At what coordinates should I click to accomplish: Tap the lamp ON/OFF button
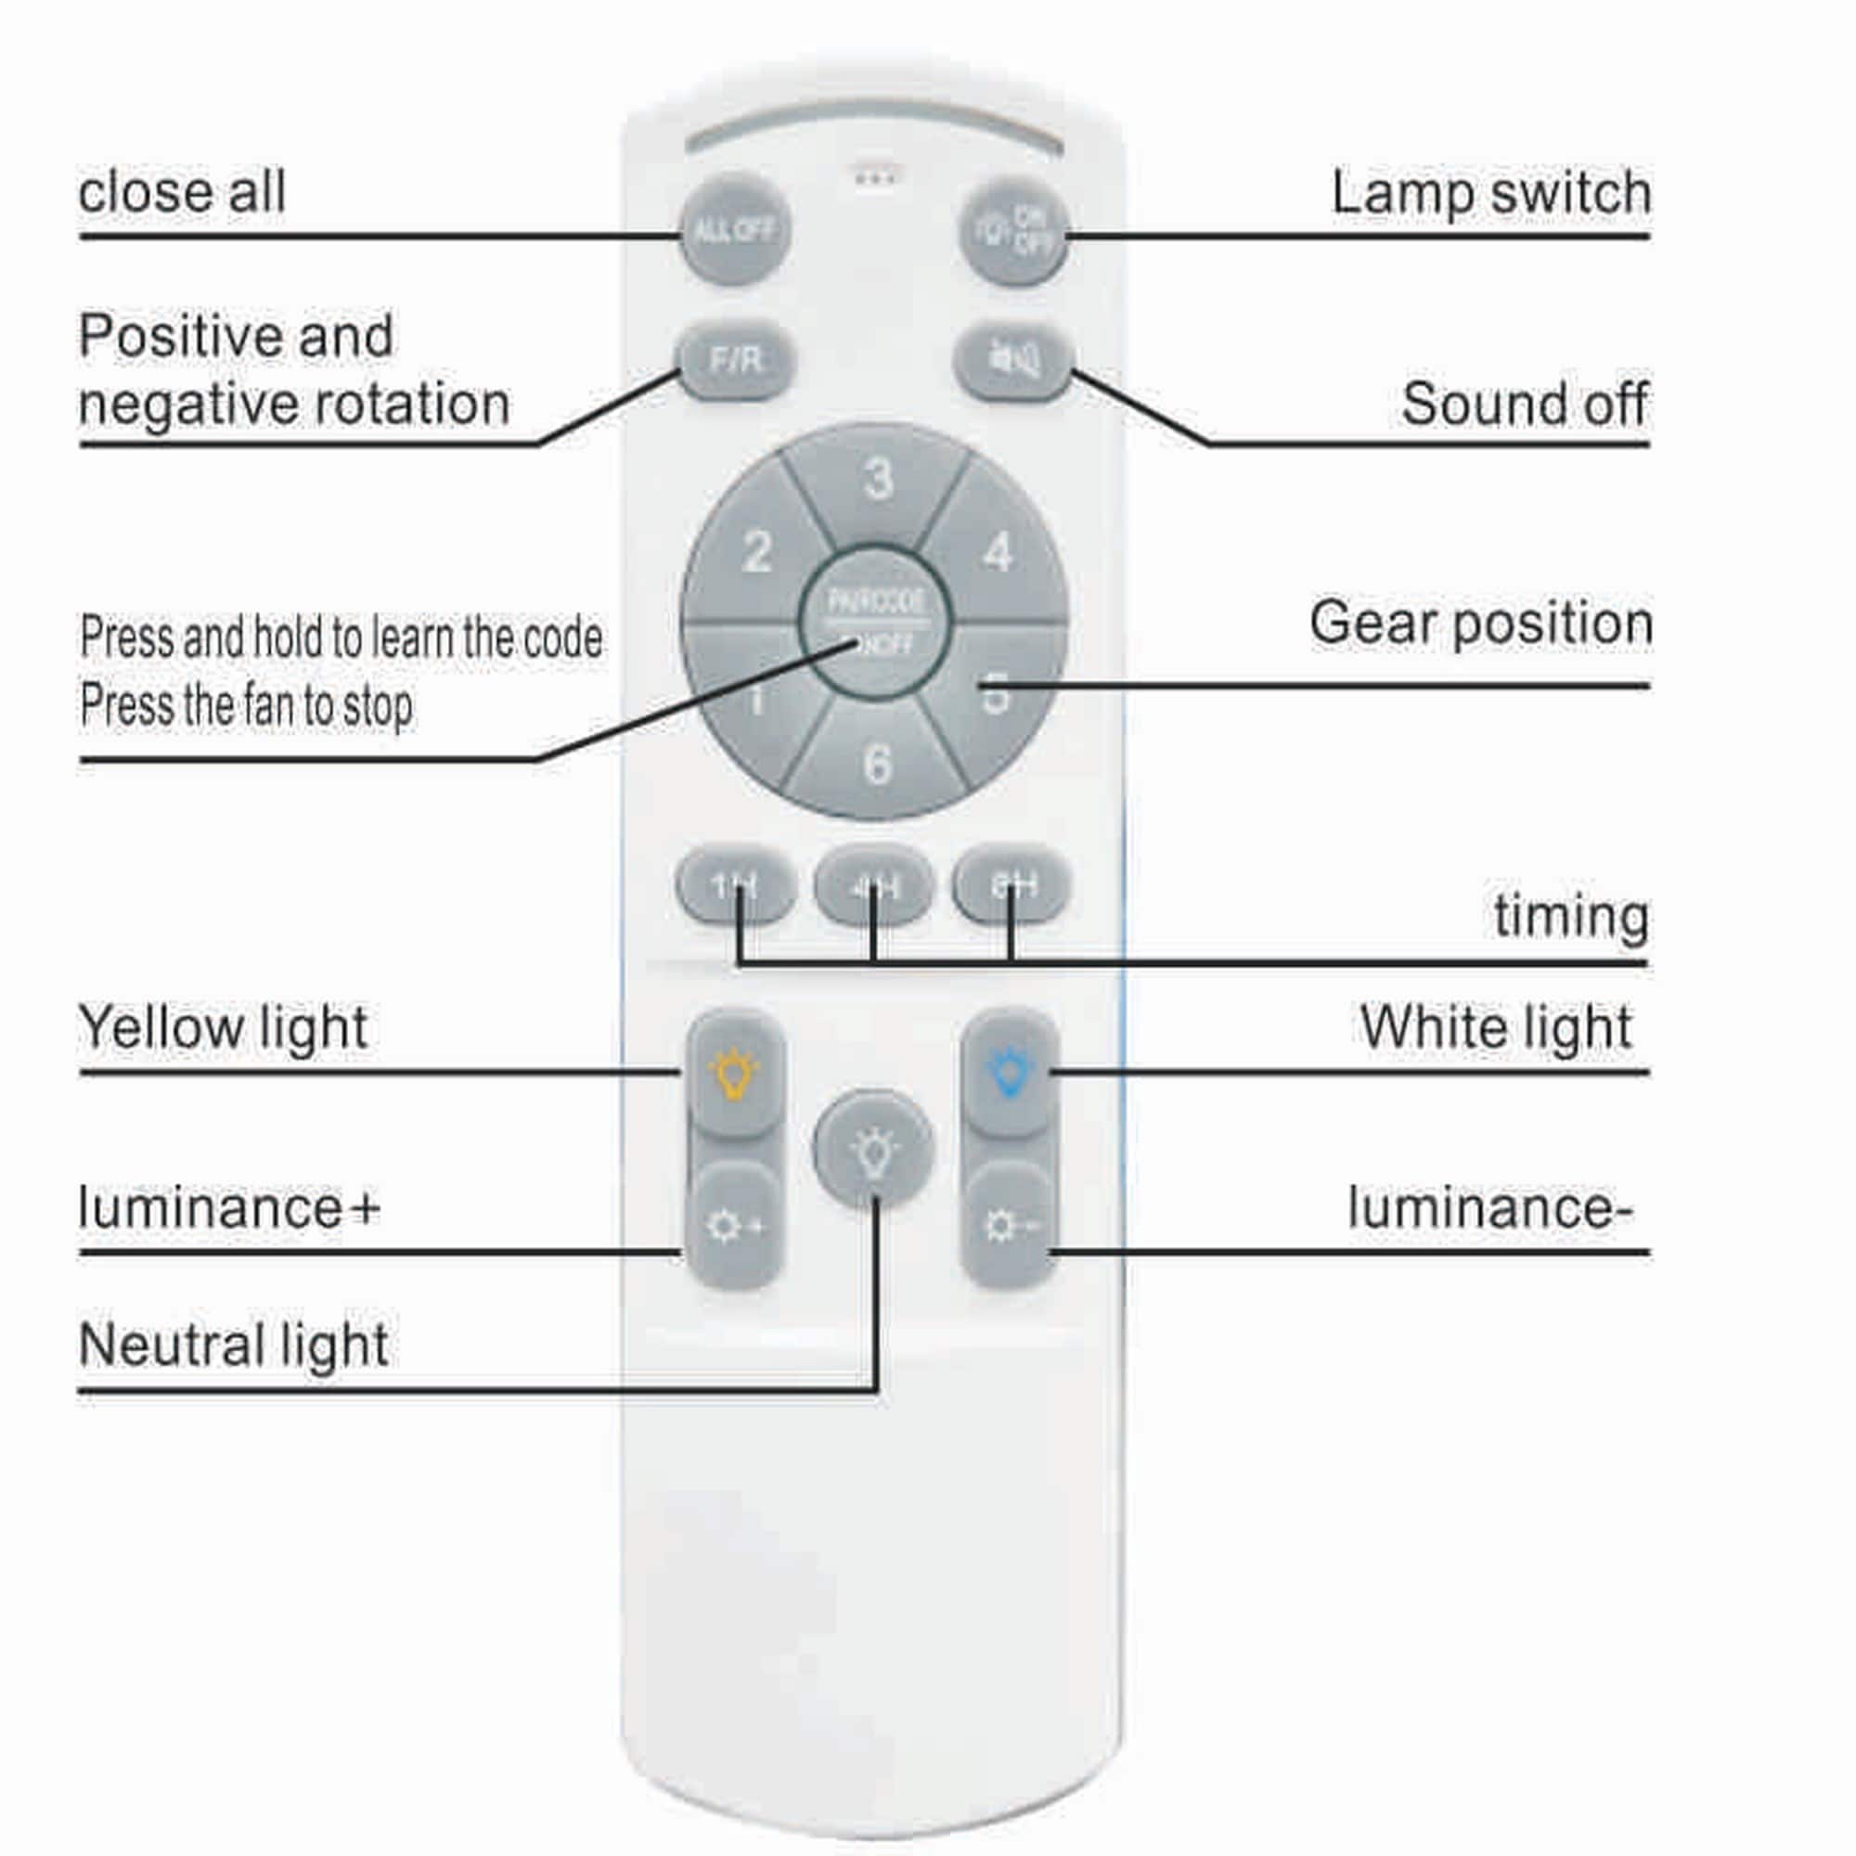click(1013, 230)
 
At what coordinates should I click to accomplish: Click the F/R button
click(736, 360)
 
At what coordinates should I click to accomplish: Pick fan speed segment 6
click(876, 765)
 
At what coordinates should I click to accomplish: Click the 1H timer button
click(736, 884)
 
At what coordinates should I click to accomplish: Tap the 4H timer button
click(873, 884)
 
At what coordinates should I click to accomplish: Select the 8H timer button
click(1011, 884)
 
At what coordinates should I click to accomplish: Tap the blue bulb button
click(1010, 1072)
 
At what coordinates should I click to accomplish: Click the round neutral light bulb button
click(873, 1149)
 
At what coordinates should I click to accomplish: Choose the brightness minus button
click(1010, 1226)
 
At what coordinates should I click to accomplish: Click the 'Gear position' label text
click(1479, 625)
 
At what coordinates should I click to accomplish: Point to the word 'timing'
click(1570, 917)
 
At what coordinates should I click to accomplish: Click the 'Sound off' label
click(1524, 405)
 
